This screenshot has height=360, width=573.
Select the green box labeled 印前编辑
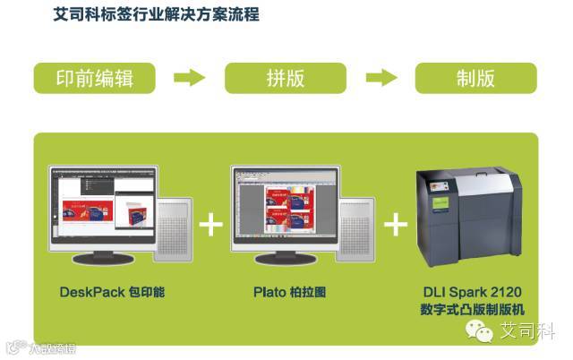click(95, 78)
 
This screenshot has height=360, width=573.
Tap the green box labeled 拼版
click(286, 78)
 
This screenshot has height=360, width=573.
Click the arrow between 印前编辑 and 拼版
click(190, 78)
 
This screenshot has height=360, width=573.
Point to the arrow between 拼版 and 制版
click(382, 78)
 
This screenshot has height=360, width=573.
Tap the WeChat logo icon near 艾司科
click(484, 333)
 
